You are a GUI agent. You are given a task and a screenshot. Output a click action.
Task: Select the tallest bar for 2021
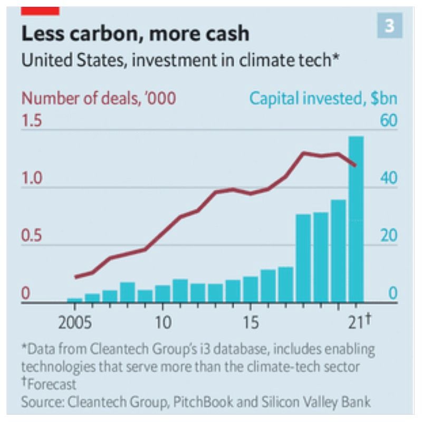(x=356, y=219)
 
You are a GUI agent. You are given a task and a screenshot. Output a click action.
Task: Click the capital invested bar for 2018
(x=303, y=258)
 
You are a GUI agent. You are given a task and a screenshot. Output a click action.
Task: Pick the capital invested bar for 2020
(x=338, y=251)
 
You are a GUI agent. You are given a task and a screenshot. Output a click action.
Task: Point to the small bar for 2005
(x=75, y=300)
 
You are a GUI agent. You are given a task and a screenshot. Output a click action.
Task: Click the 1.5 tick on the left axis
(x=32, y=121)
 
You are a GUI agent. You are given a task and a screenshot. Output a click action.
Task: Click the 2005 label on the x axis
(x=75, y=321)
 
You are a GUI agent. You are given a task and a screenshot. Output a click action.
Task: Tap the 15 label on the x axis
(x=251, y=321)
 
